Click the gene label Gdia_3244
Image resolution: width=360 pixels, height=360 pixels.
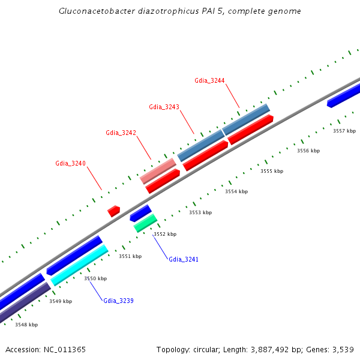point(209,80)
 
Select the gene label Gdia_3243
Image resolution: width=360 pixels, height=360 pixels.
point(164,107)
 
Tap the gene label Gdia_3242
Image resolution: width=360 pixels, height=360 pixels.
point(121,133)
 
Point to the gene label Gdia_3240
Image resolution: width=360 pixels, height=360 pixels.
point(70,163)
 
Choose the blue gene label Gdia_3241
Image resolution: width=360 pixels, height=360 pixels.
point(184,259)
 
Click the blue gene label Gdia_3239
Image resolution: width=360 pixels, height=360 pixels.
point(118,301)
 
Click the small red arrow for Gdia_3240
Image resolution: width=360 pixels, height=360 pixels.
point(113,211)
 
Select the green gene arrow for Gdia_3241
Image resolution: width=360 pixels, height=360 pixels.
point(145,223)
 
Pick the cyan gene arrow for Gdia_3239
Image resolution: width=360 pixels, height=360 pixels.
point(80,265)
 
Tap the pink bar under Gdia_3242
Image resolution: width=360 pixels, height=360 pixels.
point(158,171)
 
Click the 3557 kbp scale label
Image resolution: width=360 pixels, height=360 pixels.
point(344,131)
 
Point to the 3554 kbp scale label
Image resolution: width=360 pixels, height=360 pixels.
point(236,191)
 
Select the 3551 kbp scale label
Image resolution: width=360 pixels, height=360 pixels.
point(130,256)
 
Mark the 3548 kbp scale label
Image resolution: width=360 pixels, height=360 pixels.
point(26,325)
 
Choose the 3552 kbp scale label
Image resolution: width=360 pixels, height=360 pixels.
point(165,234)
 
